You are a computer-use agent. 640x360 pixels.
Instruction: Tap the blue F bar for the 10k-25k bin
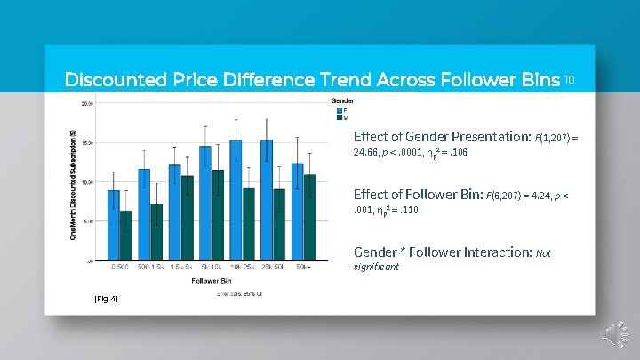click(x=236, y=200)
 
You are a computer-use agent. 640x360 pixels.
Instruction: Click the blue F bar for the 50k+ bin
click(x=298, y=212)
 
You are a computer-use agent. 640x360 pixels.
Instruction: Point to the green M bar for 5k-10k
click(x=218, y=214)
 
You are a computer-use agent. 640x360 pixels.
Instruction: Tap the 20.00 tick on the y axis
click(x=87, y=103)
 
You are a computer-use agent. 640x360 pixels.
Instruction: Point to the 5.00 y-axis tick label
click(x=88, y=221)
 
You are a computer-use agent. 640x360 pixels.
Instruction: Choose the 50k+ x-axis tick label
click(x=303, y=267)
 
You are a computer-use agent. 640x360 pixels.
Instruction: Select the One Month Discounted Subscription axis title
click(x=73, y=182)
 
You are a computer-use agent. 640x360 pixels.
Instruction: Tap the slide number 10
click(x=570, y=79)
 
